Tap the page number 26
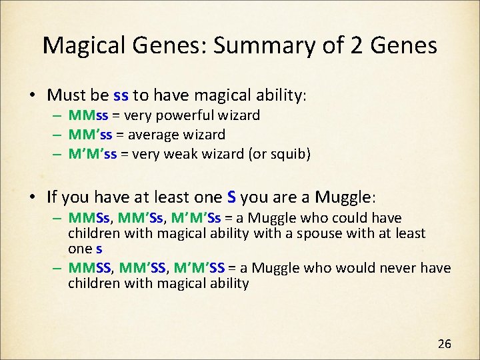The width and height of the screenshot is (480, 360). pyautogui.click(x=444, y=344)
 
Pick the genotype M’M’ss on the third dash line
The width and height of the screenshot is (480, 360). pyautogui.click(x=93, y=153)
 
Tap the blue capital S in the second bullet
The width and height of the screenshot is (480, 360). pyautogui.click(x=231, y=197)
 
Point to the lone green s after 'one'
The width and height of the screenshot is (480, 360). pyautogui.click(x=99, y=249)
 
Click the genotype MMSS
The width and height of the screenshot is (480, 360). pyautogui.click(x=91, y=268)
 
